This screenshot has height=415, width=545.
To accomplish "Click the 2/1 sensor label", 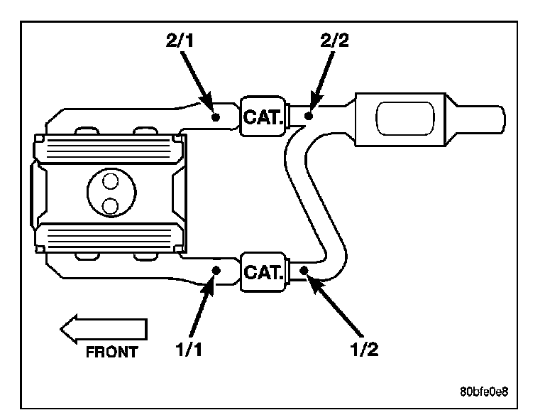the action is (x=180, y=41).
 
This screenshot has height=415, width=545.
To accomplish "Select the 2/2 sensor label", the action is (x=334, y=41).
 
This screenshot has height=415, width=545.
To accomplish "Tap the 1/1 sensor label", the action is (x=189, y=349).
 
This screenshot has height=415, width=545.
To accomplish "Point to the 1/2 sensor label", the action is (x=364, y=349).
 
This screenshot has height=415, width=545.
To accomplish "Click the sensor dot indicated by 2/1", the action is (x=216, y=117).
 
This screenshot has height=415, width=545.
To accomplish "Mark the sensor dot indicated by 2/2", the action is (x=308, y=116).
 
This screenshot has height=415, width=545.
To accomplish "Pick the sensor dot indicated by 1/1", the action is (x=216, y=270).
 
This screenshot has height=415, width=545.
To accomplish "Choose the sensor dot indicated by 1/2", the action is (x=304, y=270).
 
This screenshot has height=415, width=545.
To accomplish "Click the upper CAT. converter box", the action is (x=263, y=117).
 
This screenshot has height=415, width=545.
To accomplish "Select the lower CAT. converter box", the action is (x=263, y=271).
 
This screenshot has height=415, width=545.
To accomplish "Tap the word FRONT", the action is (x=112, y=352).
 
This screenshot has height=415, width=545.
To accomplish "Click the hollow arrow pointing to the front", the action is (x=104, y=329).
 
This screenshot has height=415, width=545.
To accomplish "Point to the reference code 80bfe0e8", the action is (x=484, y=392).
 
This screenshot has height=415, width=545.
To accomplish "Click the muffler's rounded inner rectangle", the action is (x=405, y=119).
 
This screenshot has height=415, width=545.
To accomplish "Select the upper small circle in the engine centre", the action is (x=111, y=181).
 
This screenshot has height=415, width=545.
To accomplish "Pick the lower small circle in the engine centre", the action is (x=111, y=206).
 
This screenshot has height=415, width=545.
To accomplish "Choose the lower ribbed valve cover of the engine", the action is (x=109, y=237).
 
